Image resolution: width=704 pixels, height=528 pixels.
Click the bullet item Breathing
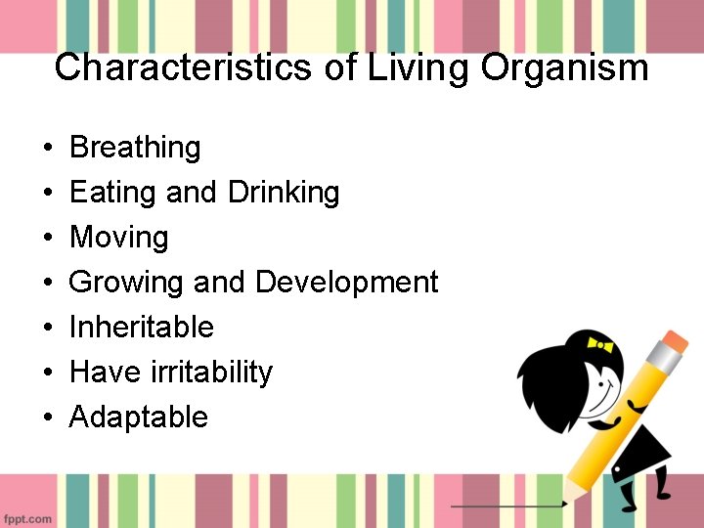(x=135, y=148)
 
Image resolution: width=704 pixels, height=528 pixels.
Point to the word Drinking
(x=284, y=193)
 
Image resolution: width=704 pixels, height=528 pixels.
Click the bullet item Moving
(x=119, y=238)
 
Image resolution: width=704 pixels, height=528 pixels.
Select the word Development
(x=346, y=283)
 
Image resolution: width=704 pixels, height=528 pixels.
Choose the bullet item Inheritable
(x=141, y=328)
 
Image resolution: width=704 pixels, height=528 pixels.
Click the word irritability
(x=213, y=373)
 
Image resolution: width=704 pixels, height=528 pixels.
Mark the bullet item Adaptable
(x=139, y=418)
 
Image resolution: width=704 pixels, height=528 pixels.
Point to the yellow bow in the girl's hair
(x=598, y=344)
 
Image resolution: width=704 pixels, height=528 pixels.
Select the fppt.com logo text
(x=26, y=518)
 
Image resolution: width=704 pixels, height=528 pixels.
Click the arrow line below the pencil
(x=508, y=506)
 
